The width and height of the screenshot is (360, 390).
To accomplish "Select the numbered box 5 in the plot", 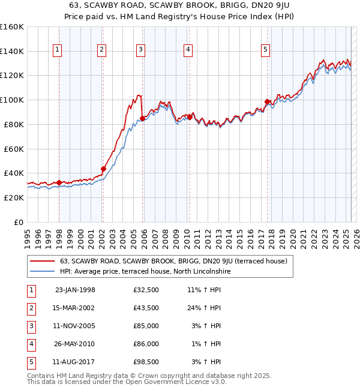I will pyautogui.click(x=266, y=50).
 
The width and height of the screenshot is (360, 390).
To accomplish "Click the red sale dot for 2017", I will pyautogui.click(x=267, y=101).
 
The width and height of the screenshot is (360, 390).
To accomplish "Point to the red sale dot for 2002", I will pyautogui.click(x=103, y=169).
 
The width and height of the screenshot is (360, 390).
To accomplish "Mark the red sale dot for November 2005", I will pyautogui.click(x=142, y=118).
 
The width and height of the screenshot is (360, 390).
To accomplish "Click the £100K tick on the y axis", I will pyautogui.click(x=12, y=100).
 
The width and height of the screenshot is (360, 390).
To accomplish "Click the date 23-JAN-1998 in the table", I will pyautogui.click(x=75, y=290).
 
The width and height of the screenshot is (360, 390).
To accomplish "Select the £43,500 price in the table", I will pyautogui.click(x=146, y=308).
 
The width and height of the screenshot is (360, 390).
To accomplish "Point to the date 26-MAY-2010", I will pyautogui.click(x=75, y=344).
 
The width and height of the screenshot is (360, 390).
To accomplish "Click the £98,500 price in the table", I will pyautogui.click(x=146, y=362).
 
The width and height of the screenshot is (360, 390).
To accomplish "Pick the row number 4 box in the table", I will pyautogui.click(x=31, y=344).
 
